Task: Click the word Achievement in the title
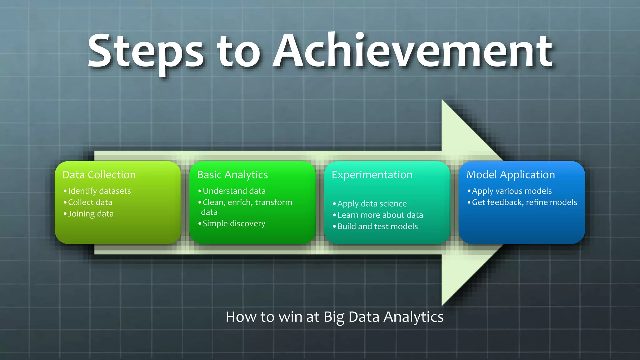tap(412, 52)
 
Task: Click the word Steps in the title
tap(146, 52)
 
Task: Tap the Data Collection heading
tap(99, 175)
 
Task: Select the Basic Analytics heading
tap(232, 175)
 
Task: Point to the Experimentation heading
tap(372, 175)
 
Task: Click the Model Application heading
tap(510, 175)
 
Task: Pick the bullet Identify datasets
tap(99, 191)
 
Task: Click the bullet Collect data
tap(90, 202)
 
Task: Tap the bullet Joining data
tap(91, 214)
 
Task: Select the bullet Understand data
tap(234, 191)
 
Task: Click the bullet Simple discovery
tap(234, 223)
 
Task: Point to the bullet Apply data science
tap(372, 204)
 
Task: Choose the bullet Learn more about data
tap(380, 215)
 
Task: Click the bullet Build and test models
tap(377, 226)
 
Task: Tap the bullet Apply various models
tap(512, 191)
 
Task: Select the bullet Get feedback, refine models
tap(524, 202)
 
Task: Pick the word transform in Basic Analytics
tap(273, 202)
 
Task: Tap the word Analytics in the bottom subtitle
tap(413, 317)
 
